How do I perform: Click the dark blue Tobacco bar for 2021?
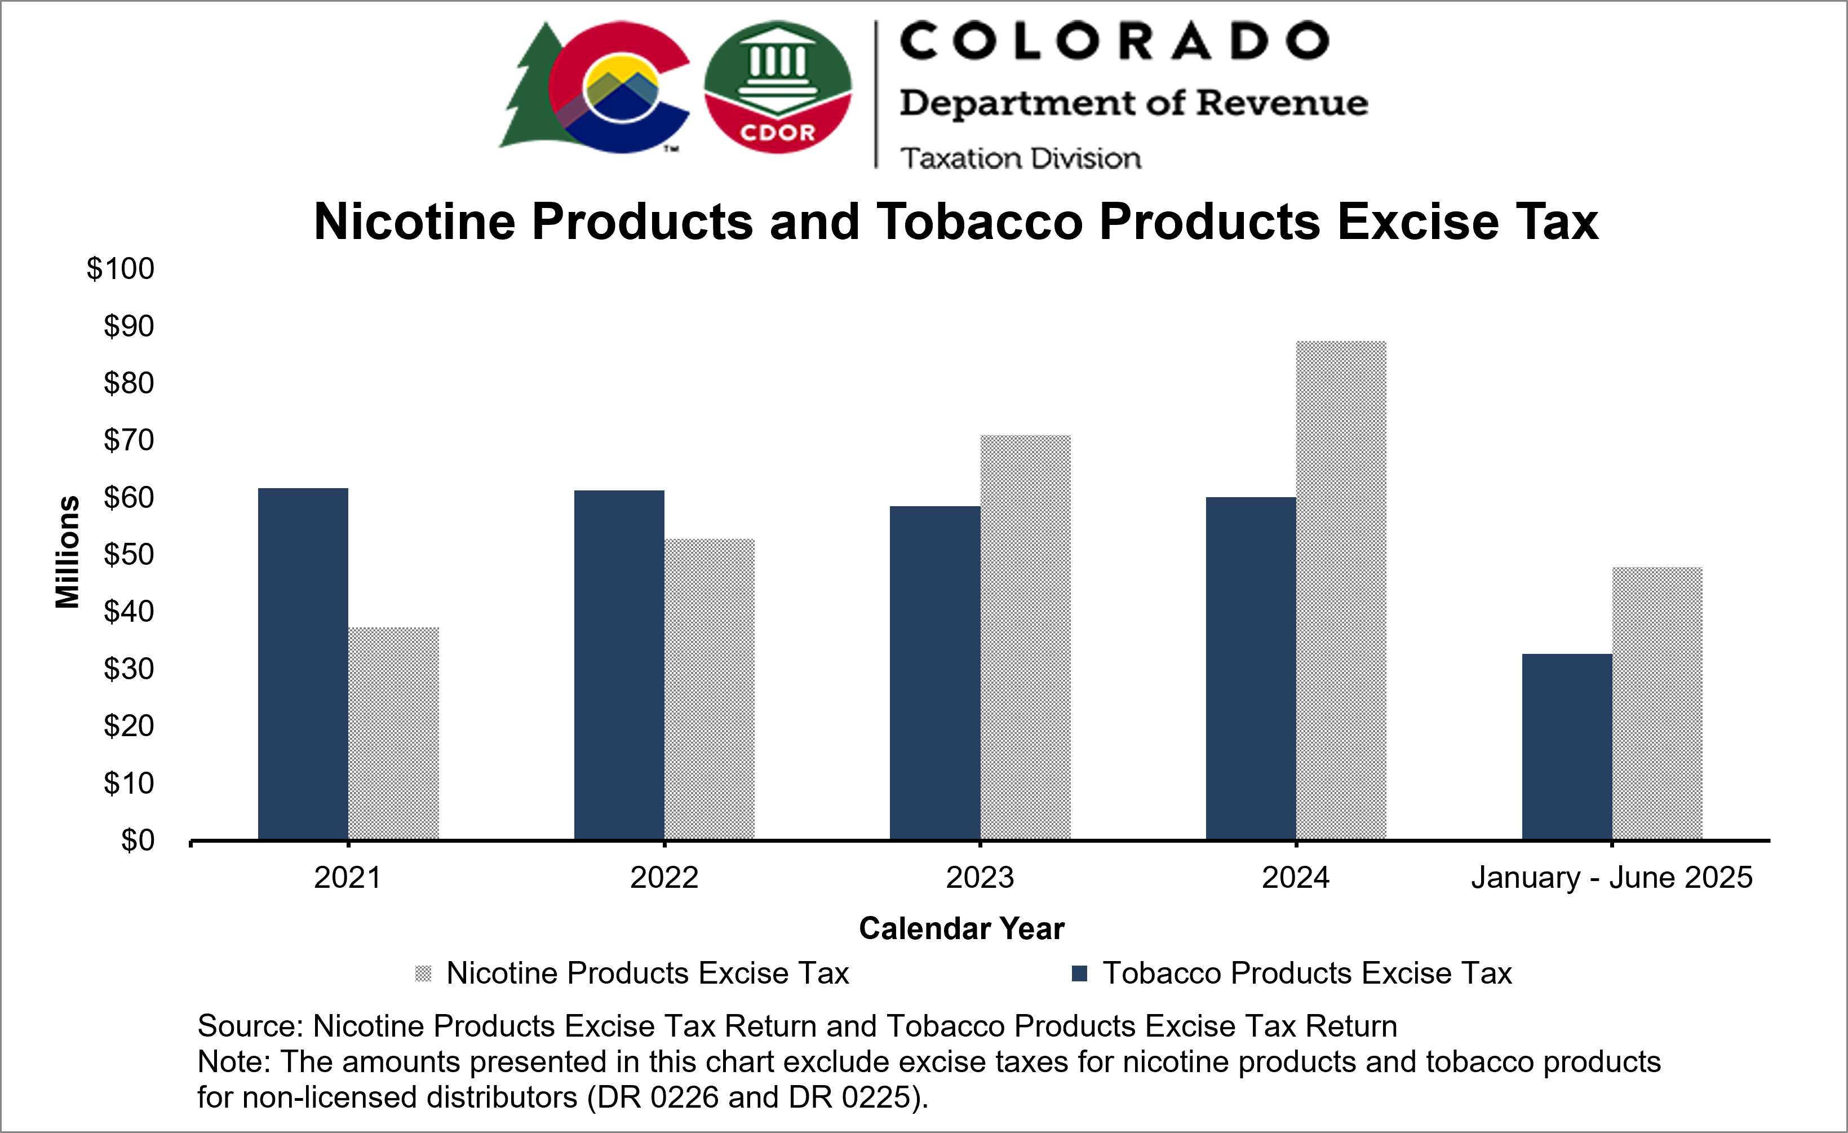[303, 664]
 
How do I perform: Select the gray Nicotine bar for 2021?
[394, 733]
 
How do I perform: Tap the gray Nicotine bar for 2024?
[1341, 591]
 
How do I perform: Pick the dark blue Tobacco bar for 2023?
[934, 673]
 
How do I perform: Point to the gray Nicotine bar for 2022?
[710, 689]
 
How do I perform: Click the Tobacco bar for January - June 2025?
[1567, 746]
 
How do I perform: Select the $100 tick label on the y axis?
[120, 269]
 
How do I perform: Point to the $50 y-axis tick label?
[128, 555]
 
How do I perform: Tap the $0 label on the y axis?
[138, 840]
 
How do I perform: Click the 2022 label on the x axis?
[664, 877]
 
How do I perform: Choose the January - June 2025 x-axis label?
[1612, 877]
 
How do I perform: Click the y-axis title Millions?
[68, 551]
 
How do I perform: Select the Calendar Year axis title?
[961, 928]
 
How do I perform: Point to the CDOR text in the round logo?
[777, 133]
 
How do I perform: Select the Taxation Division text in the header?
[1020, 158]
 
